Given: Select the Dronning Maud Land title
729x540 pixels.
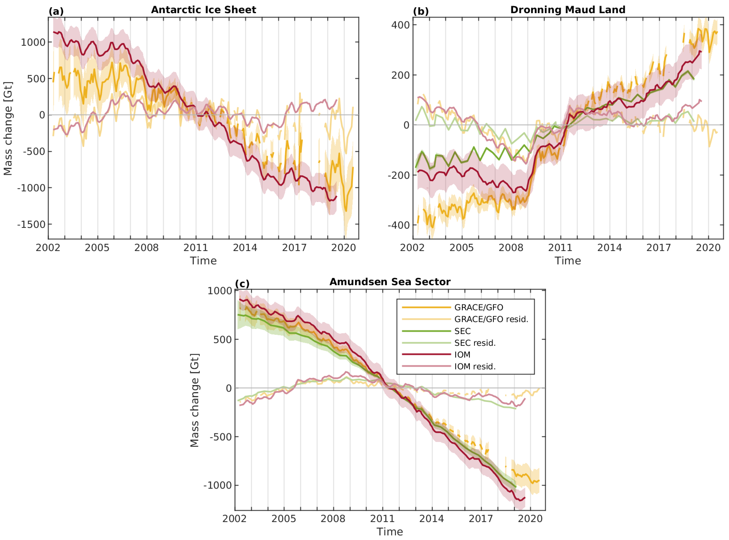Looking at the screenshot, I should point(568,10).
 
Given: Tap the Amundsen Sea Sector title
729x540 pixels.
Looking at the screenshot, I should point(390,282).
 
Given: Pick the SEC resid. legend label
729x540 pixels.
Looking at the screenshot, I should point(475,343).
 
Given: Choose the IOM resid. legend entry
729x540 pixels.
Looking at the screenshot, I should point(475,367).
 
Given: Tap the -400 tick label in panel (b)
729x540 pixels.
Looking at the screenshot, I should point(398,225).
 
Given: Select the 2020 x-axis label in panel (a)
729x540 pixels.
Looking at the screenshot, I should point(344,248).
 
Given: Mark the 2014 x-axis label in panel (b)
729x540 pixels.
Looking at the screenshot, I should point(610,248).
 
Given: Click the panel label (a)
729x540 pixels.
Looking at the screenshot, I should point(56,11).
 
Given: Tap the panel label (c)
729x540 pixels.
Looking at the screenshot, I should point(242,283).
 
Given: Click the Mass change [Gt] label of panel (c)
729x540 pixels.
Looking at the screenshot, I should point(194,400).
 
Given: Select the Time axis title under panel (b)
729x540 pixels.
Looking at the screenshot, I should point(568,261).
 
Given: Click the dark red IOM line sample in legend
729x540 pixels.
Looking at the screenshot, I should point(426,354).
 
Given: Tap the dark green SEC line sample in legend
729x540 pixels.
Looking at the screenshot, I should point(426,331).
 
